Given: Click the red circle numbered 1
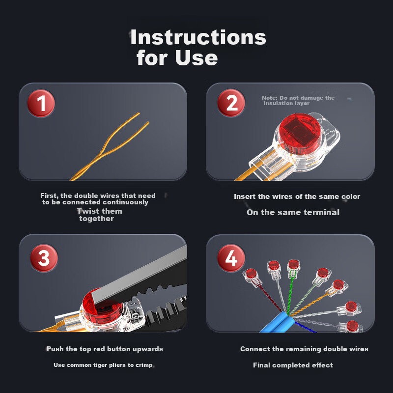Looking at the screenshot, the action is click(41, 103).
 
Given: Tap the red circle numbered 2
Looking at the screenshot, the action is click(231, 103).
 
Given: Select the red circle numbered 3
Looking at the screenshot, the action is click(44, 258).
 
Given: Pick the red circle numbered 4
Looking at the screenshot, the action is click(231, 258).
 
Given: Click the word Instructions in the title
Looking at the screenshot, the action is click(198, 37).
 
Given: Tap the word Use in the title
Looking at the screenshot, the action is click(196, 57).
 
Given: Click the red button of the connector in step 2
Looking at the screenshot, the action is click(300, 134).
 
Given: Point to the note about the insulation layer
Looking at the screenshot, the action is click(298, 101).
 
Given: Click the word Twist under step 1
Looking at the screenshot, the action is click(87, 211).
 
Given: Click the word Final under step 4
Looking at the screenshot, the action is click(261, 365).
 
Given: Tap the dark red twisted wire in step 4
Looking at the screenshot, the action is click(270, 298).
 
